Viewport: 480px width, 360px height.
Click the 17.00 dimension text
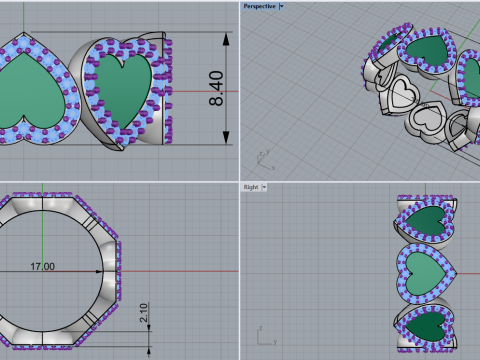[43, 267]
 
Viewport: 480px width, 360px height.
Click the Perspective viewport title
[258, 6]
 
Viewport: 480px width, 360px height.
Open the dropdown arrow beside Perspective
[281, 6]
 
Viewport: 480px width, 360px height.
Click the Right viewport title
[250, 187]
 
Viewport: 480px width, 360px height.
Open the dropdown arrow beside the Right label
[263, 187]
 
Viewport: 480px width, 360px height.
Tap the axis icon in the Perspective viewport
[262, 158]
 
